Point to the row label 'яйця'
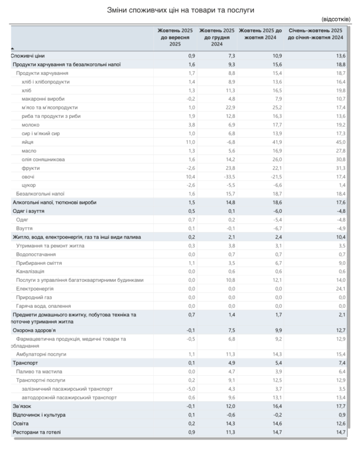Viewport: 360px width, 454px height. click(27, 142)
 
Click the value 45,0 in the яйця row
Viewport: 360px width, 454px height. click(340, 142)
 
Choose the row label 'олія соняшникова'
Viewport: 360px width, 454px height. click(43, 159)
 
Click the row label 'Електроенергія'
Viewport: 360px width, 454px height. click(35, 288)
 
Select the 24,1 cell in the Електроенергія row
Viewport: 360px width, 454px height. click(340, 288)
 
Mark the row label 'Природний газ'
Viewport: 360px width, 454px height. click(33, 297)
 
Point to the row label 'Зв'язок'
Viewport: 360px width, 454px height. click(22, 406)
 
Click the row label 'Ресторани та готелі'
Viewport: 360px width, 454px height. click(36, 432)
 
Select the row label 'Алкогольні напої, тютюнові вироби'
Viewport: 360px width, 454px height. click(55, 203)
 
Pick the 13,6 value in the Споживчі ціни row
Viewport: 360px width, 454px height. click(340, 56)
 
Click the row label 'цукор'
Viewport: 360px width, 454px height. click(29, 185)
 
